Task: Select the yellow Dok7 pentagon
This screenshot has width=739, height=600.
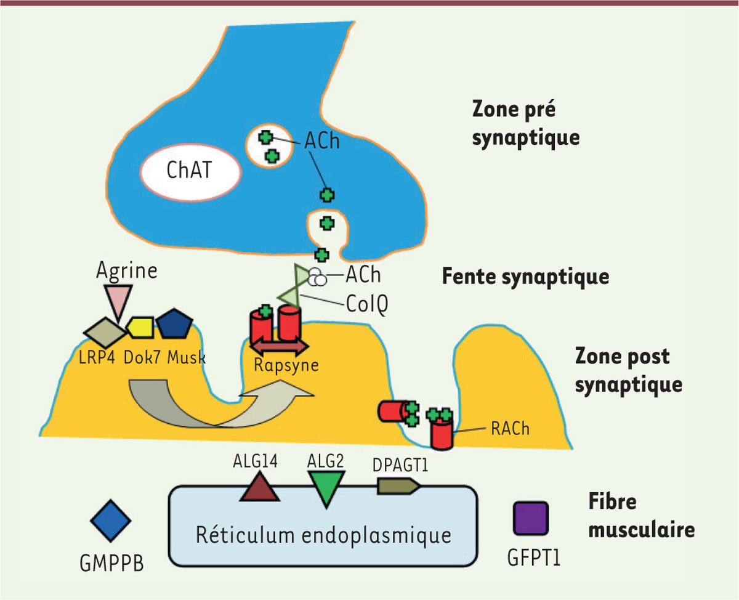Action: coord(140,326)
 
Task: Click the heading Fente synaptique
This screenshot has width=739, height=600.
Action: coord(525,276)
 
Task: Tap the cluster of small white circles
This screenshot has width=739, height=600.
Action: coord(317,278)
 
